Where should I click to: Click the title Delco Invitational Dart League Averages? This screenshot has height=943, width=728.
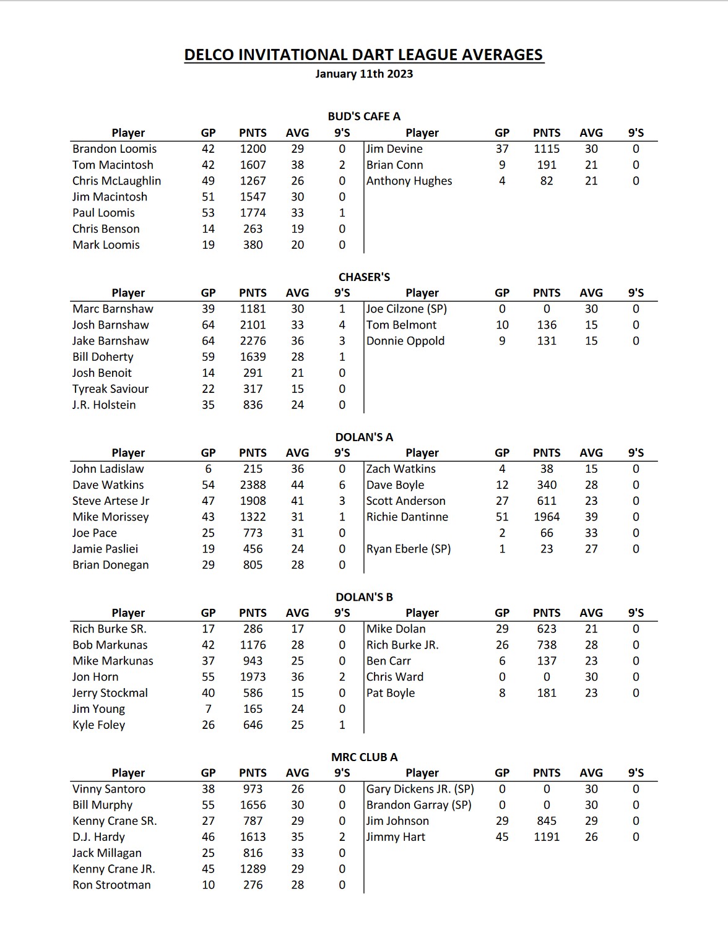tap(363, 55)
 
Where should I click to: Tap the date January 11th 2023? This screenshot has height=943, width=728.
tap(363, 74)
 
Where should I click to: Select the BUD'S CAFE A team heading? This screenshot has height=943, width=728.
tap(363, 116)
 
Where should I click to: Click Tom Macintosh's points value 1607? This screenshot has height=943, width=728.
tap(253, 165)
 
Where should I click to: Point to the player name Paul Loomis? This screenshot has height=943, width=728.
tap(103, 213)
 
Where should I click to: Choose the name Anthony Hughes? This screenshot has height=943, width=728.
tap(409, 181)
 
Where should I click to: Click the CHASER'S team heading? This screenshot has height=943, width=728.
tap(363, 277)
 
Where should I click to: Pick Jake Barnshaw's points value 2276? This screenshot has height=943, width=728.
tap(253, 341)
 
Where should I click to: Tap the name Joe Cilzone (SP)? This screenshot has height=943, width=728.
tap(406, 309)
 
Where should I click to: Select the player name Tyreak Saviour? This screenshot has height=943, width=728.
tap(110, 389)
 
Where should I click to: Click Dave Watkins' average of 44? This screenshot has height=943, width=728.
tap(297, 485)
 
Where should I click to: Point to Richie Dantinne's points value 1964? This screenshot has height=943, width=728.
tap(546, 517)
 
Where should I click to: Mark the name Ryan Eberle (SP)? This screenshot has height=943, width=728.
tap(409, 549)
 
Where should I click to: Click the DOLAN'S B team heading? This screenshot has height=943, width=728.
tap(363, 597)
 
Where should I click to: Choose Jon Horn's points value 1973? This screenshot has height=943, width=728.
tap(253, 677)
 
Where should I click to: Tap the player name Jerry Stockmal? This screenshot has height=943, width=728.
tap(110, 693)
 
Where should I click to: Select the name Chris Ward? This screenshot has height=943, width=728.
tap(395, 677)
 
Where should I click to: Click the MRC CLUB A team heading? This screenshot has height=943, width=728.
tap(363, 757)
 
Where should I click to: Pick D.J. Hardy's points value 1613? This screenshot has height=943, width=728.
tap(253, 837)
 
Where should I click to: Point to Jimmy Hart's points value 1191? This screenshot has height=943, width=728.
tap(546, 837)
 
